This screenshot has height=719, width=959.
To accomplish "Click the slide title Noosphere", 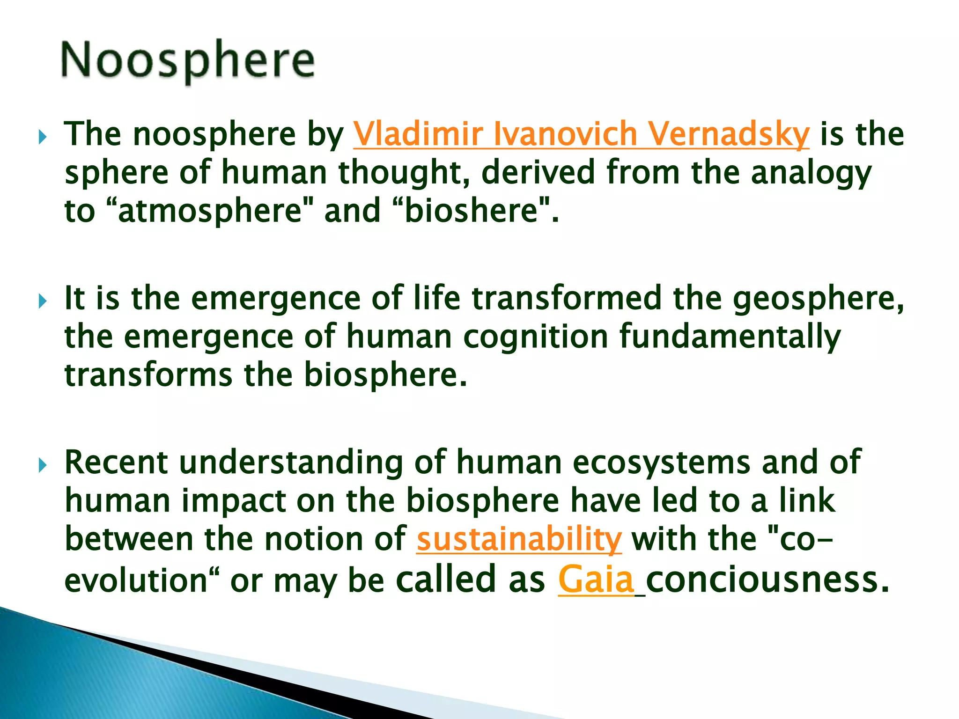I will (x=187, y=61).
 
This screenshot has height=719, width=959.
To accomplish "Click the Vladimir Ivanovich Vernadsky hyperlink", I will (x=581, y=134).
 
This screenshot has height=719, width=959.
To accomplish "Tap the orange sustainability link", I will (x=519, y=539).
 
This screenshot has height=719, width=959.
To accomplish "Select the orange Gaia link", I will (x=596, y=580).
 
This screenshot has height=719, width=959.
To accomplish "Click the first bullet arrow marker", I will (x=43, y=138).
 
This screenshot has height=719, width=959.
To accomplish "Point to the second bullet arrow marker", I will (x=43, y=301).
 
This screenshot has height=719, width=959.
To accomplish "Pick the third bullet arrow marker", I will (x=43, y=465).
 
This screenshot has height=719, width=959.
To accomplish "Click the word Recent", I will (x=116, y=462).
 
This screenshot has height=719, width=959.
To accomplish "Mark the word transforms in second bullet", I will (x=148, y=375).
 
